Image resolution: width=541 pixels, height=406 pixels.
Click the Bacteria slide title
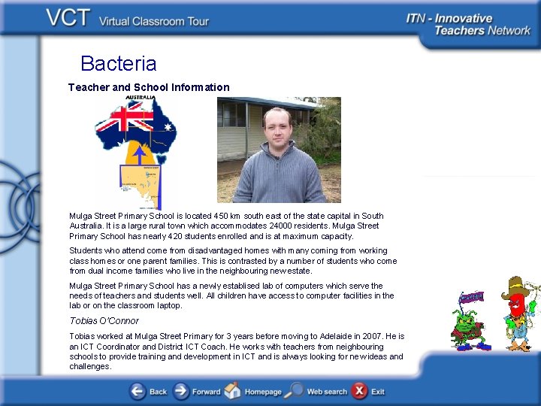(118, 64)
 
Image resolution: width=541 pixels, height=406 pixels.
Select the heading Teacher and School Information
(149, 87)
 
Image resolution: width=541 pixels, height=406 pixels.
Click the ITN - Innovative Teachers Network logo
(468, 24)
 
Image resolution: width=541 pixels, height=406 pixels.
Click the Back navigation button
(148, 391)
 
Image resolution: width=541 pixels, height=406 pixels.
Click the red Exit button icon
(360, 391)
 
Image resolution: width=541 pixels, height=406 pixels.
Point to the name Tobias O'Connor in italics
(104, 321)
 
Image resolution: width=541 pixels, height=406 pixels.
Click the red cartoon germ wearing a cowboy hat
(517, 312)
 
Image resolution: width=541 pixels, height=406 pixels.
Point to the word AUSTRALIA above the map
(141, 98)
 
